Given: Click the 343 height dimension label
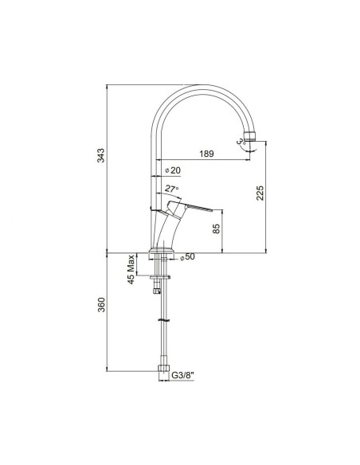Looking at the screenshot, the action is pyautogui.click(x=101, y=155).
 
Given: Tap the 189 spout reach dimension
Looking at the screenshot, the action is pyautogui.click(x=206, y=154).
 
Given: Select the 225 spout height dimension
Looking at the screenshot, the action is pyautogui.click(x=260, y=193).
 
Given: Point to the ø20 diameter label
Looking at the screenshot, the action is pyautogui.click(x=172, y=170).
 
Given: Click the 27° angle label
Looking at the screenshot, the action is pyautogui.click(x=172, y=189).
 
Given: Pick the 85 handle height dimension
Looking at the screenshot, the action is pyautogui.click(x=217, y=229).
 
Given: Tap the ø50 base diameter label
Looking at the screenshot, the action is pyautogui.click(x=187, y=257).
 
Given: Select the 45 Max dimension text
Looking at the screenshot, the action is pyautogui.click(x=131, y=269).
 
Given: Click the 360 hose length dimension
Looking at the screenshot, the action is pyautogui.click(x=101, y=305).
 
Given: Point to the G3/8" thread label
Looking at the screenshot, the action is pyautogui.click(x=182, y=375).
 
